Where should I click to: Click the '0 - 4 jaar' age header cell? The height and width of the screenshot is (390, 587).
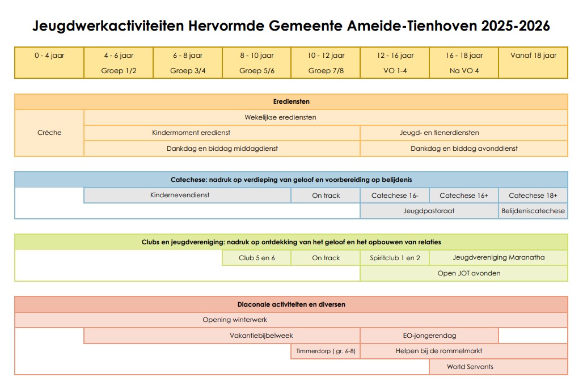[49, 56]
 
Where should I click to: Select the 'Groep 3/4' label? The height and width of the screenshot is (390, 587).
[188, 71]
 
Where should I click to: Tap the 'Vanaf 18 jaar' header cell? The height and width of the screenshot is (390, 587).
[533, 56]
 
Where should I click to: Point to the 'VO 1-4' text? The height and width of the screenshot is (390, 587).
[395, 71]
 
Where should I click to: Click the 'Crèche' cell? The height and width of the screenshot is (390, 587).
[49, 133]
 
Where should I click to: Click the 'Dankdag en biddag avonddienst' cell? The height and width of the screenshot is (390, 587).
[464, 149]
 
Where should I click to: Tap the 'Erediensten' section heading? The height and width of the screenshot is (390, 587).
[291, 101]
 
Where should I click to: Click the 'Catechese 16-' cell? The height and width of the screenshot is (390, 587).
[395, 196]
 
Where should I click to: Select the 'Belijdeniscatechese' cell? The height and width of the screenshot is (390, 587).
[533, 211]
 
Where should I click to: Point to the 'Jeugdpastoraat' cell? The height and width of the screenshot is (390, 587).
[429, 211]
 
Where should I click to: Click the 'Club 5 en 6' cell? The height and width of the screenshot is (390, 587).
[257, 258]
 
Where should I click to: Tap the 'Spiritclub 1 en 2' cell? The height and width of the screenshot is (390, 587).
[395, 258]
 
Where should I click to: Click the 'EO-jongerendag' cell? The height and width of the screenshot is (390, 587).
[429, 336]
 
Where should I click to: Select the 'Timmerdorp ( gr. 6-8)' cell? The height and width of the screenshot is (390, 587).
[326, 351]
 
